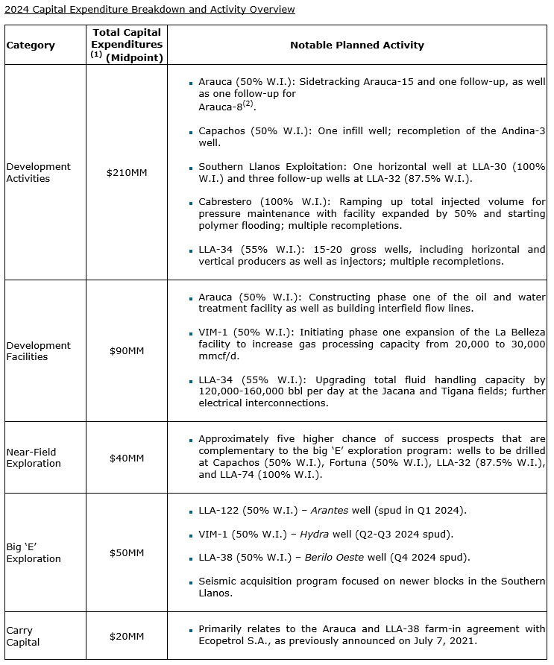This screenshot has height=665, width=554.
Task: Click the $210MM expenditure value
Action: pyautogui.click(x=127, y=173)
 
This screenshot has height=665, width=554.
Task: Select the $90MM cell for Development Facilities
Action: pyautogui.click(x=127, y=351)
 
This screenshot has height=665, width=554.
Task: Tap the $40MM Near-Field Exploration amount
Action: pyautogui.click(x=127, y=458)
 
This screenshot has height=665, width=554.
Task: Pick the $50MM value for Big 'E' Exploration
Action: pyautogui.click(x=127, y=553)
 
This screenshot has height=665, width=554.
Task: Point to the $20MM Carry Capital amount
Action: pyautogui.click(x=127, y=636)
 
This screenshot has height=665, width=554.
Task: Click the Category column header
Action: pyautogui.click(x=31, y=45)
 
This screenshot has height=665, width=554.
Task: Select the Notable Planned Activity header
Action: pyautogui.click(x=356, y=45)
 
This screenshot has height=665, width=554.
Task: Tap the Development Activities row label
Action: pyautogui.click(x=39, y=173)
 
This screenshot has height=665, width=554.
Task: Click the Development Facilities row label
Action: pyautogui.click(x=39, y=351)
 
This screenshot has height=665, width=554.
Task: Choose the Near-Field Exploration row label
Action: pyautogui.click(x=34, y=458)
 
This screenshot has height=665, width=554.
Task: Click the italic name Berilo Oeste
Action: pyautogui.click(x=333, y=558)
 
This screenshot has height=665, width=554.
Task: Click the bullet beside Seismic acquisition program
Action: pyautogui.click(x=191, y=582)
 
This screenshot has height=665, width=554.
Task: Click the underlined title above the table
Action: pyautogui.click(x=149, y=9)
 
